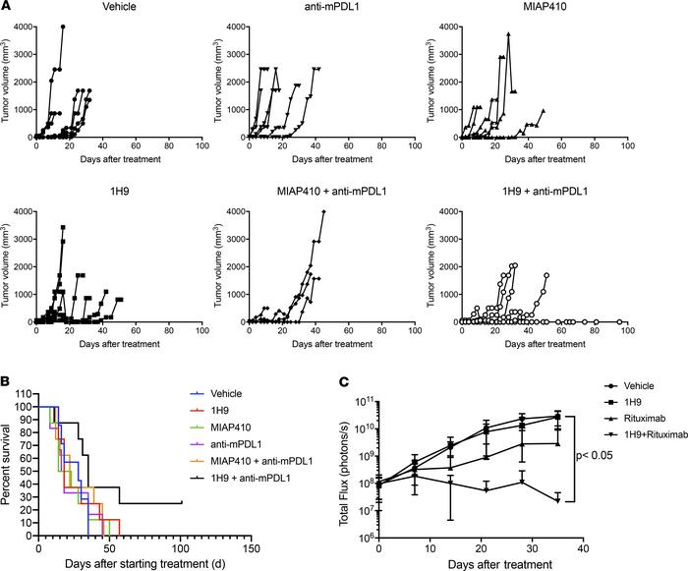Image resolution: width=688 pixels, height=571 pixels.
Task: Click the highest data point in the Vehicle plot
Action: (x=63, y=27)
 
